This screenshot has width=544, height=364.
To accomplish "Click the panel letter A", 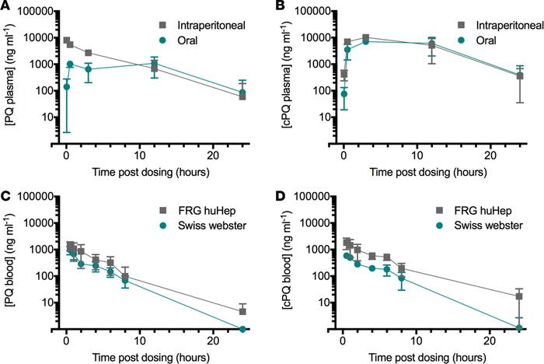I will [x=7, y=7].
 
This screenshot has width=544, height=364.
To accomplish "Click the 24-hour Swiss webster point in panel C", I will [x=243, y=329].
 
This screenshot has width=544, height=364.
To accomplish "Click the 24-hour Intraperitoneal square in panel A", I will [x=242, y=96].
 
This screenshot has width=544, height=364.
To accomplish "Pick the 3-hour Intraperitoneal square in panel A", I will [x=89, y=53].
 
